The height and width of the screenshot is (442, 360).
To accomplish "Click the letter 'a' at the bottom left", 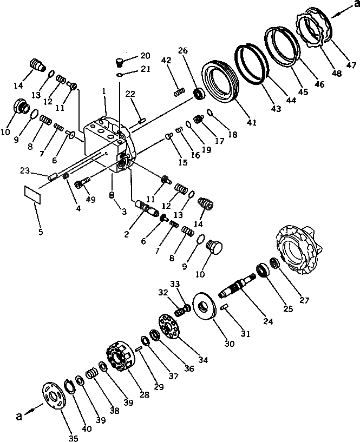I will (19, 417).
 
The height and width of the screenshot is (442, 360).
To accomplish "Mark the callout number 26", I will (182, 51).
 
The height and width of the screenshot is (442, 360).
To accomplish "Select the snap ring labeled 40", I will (70, 385).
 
